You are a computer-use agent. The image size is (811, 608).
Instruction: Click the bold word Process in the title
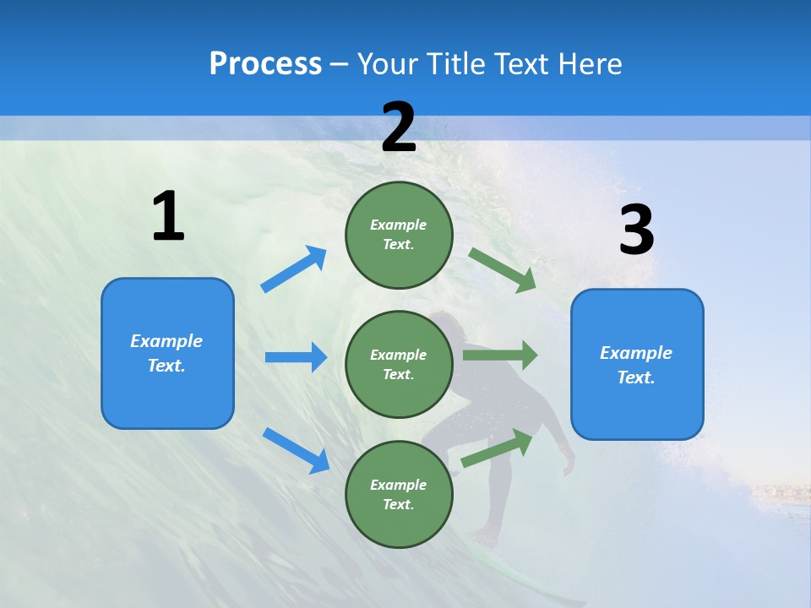(265, 64)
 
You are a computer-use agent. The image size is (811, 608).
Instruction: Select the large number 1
(168, 217)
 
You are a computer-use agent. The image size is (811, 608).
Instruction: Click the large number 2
(399, 128)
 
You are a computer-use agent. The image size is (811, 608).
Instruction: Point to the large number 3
(636, 231)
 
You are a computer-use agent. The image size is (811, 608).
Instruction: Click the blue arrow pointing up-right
(294, 269)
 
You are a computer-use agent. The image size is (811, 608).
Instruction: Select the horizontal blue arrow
(296, 357)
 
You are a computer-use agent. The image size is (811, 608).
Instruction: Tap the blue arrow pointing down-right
(296, 450)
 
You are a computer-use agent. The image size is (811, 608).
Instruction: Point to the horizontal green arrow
(499, 355)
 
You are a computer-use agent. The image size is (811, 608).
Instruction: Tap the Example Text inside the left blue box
(166, 353)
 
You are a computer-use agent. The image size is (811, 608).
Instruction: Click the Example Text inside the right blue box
(636, 365)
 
